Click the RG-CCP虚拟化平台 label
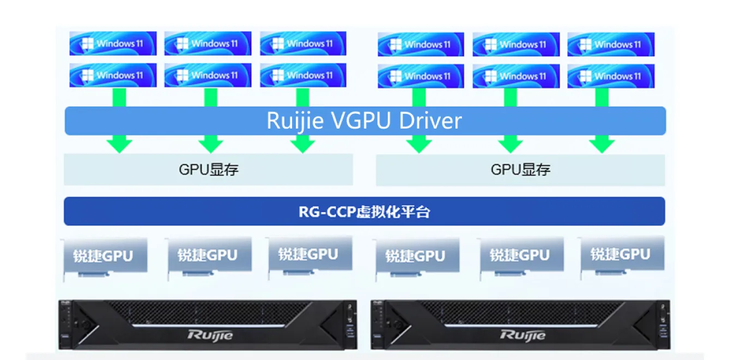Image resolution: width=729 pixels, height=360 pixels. pos(364,211)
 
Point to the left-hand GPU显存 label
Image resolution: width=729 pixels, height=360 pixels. pos(209,169)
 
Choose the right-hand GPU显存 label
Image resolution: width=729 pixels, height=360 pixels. pos(520,169)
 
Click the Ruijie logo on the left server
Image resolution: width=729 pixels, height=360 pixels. pos(210,334)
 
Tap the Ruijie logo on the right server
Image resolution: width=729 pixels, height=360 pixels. pos(523,334)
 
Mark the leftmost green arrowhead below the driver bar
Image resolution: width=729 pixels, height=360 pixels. pos(119,145)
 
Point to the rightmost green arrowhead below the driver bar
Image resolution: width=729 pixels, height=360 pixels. pos(602,145)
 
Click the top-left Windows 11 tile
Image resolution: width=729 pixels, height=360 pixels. pos(113,44)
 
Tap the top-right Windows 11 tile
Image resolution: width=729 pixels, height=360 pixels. pos(611,45)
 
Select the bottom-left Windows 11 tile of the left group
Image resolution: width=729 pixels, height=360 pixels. pos(113,75)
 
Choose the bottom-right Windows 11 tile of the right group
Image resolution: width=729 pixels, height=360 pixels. pos(611,76)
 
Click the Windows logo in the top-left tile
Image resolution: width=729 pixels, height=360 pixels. pos(86,44)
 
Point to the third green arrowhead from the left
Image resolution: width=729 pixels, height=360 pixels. pos(302,145)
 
